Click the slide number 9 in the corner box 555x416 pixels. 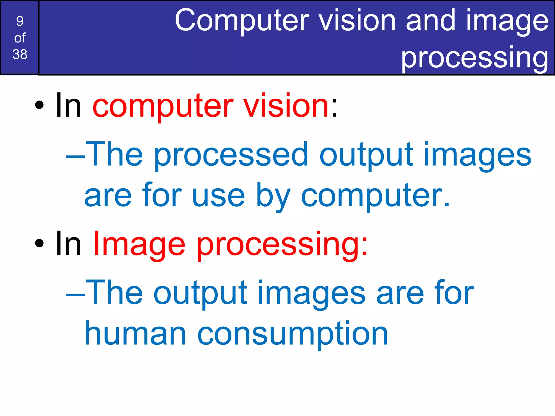pos(20,21)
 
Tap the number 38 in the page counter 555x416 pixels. pos(20,54)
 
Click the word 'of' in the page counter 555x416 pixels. pos(20,38)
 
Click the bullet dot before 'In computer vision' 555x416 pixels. pos(39,105)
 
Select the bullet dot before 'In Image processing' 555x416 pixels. pos(39,243)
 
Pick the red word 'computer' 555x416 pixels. pos(163,106)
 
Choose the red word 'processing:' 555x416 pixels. pos(282,245)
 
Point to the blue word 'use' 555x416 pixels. pos(218,196)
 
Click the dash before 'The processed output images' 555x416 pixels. pos(76,157)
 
